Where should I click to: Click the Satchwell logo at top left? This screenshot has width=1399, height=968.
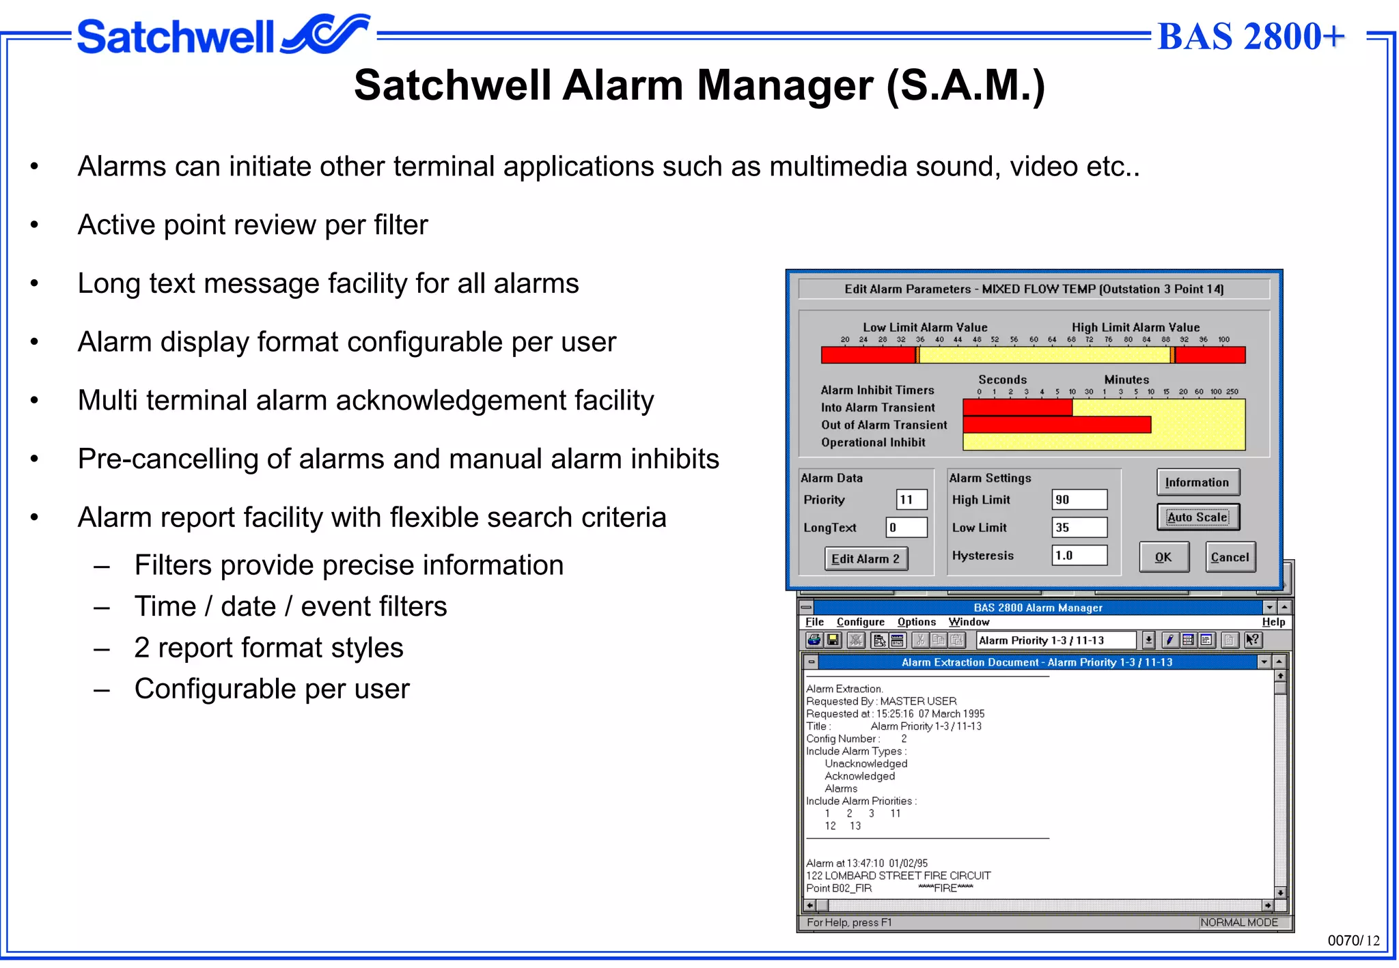click(x=222, y=35)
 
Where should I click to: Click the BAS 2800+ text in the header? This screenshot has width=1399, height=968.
click(x=1251, y=36)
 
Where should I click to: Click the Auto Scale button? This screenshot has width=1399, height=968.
click(x=1197, y=517)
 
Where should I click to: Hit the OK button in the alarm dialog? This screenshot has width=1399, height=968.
click(x=1163, y=557)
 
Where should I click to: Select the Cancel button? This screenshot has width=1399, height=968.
click(x=1230, y=557)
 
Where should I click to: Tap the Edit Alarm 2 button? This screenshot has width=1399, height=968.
click(x=865, y=558)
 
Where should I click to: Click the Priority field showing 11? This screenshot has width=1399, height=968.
click(x=911, y=500)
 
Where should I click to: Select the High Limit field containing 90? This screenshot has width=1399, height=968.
click(x=1079, y=500)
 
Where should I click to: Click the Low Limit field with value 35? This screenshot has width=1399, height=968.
click(x=1079, y=528)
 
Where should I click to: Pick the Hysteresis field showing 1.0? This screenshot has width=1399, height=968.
click(x=1079, y=556)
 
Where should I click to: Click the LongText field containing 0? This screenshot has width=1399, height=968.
click(x=906, y=528)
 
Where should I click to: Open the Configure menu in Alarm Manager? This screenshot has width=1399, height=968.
click(x=860, y=622)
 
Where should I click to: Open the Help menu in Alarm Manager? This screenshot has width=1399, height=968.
click(x=1273, y=622)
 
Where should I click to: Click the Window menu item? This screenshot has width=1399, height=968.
click(x=969, y=622)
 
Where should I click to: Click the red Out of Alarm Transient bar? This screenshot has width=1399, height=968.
click(x=1057, y=425)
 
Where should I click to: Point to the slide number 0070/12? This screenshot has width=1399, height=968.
click(x=1353, y=941)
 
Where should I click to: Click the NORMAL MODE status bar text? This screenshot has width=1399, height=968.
click(x=1238, y=922)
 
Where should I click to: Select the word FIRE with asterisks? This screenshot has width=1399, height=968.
click(x=945, y=888)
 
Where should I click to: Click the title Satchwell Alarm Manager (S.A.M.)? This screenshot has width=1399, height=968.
click(x=699, y=85)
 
